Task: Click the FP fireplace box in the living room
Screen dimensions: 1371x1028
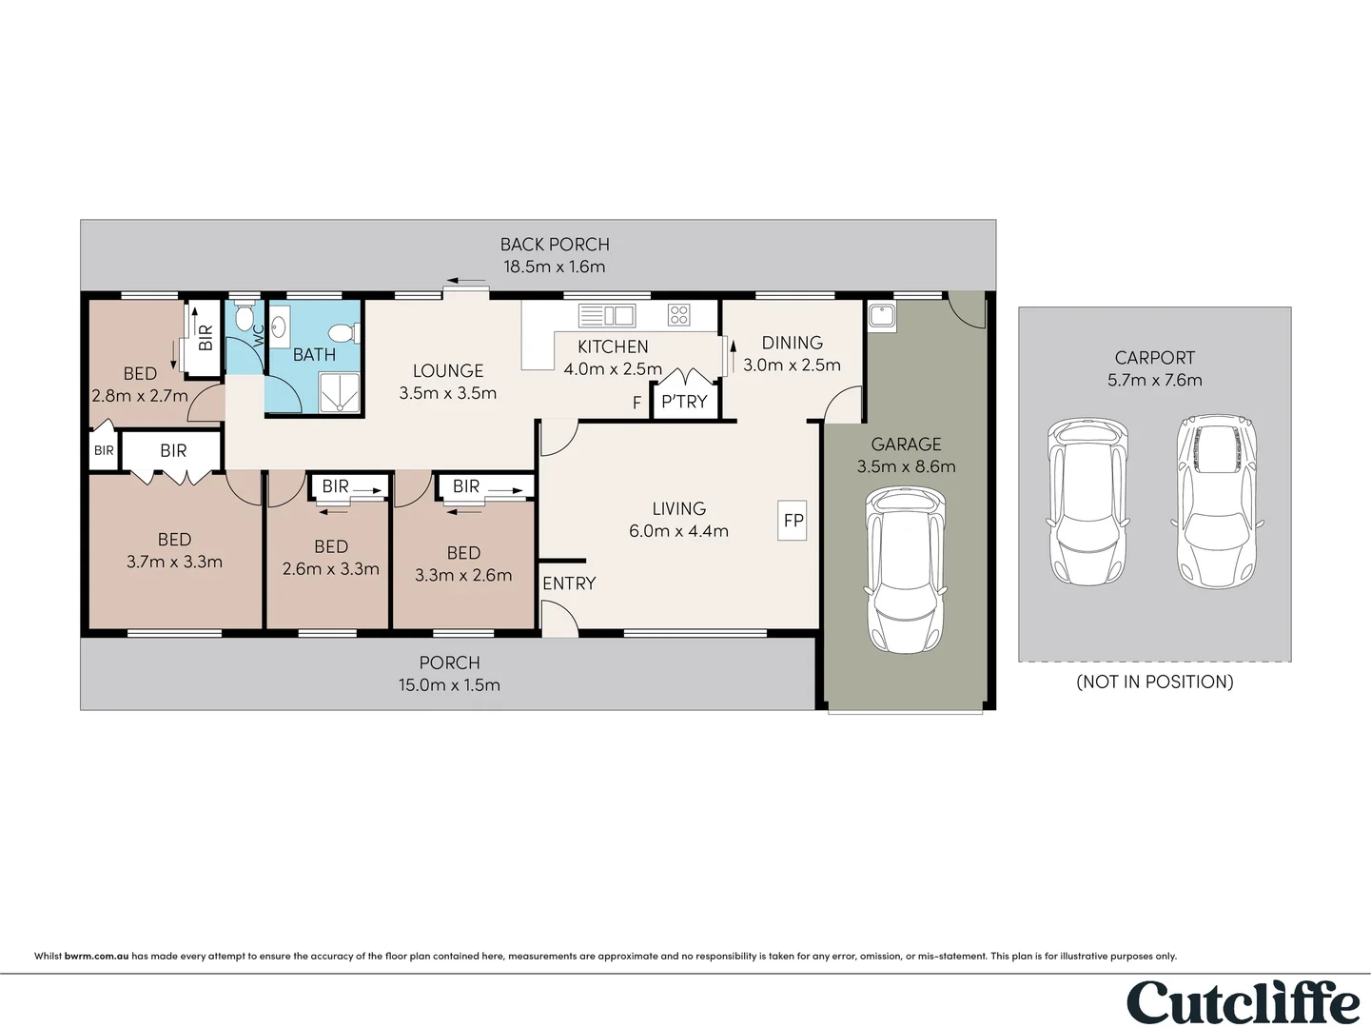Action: (x=792, y=520)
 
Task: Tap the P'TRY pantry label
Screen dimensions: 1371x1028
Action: (x=685, y=401)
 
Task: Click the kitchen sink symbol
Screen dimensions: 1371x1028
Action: (x=606, y=316)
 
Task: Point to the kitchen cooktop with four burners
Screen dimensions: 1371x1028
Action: (x=678, y=315)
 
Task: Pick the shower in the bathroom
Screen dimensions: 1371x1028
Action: (x=340, y=392)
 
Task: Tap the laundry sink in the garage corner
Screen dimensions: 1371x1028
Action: (x=881, y=316)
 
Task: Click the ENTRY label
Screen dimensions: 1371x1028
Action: (x=569, y=583)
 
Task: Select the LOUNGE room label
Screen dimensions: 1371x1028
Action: (x=448, y=370)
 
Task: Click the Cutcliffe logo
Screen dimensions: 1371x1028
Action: (x=1243, y=1002)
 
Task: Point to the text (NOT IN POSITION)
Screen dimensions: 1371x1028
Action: (x=1155, y=682)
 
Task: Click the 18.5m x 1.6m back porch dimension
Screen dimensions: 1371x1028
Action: (x=555, y=267)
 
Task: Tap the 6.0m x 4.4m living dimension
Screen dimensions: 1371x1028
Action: (x=679, y=531)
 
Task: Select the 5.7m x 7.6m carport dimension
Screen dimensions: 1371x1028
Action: (x=1155, y=380)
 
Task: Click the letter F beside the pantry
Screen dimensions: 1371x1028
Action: (x=637, y=403)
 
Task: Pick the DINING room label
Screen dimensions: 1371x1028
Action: (x=792, y=343)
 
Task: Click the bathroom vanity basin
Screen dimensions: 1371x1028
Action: (x=279, y=326)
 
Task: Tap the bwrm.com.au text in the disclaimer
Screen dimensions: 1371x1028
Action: (x=96, y=956)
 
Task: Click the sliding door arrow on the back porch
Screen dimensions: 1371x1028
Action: (x=466, y=281)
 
